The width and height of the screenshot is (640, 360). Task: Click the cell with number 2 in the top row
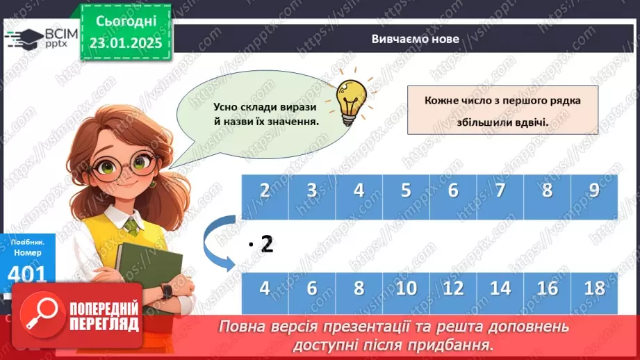265,191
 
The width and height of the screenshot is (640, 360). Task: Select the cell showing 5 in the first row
406,191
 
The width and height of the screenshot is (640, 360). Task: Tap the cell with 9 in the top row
594,191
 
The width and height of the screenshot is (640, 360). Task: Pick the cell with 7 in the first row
500,191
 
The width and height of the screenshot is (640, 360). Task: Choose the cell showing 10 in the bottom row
406,288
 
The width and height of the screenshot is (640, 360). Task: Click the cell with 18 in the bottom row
594,288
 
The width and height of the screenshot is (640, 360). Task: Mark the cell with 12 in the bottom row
453,288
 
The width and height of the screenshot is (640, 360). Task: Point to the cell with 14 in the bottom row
500,288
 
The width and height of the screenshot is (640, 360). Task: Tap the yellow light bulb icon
351,97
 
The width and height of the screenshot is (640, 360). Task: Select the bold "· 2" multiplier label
261,244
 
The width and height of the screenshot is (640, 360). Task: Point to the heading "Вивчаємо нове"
415,39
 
